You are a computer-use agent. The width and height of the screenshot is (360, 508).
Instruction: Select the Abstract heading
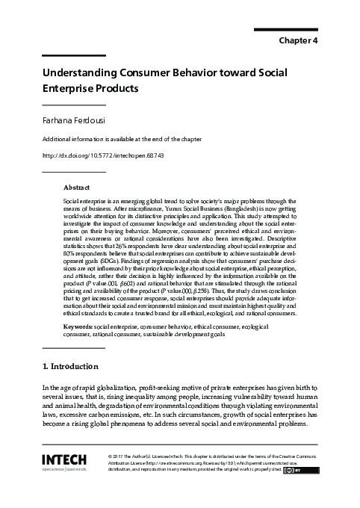click(76, 188)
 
